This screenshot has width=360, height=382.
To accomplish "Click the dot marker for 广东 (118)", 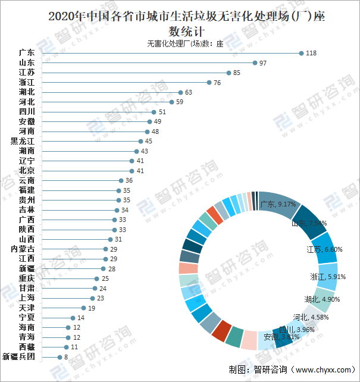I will coord(302,53).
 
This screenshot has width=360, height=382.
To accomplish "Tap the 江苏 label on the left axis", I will coord(27,73).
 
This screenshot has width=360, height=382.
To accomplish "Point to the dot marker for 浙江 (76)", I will coord(209,83).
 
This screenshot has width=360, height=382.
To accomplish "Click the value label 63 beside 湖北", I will coord(189,92).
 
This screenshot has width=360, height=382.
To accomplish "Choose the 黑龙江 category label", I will coord(23,142).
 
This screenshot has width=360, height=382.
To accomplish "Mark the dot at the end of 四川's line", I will coord(154,112).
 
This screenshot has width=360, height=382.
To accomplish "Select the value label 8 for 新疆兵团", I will coord(65,357).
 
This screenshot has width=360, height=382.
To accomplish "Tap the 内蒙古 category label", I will coord(23,249).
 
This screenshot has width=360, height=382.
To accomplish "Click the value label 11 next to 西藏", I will coord(74,347).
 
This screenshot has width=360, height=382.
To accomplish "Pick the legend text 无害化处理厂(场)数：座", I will coord(184,43).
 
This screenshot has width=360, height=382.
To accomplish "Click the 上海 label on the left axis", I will coord(27,298).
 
